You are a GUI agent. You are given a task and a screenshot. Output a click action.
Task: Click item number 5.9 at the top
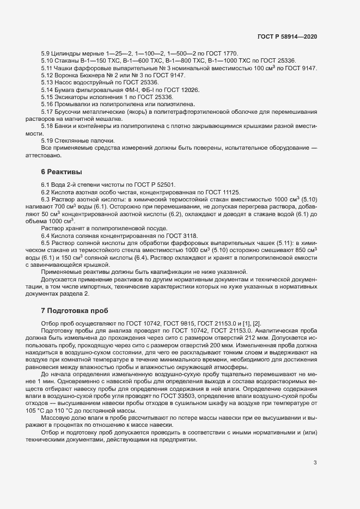click(x=46, y=53)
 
